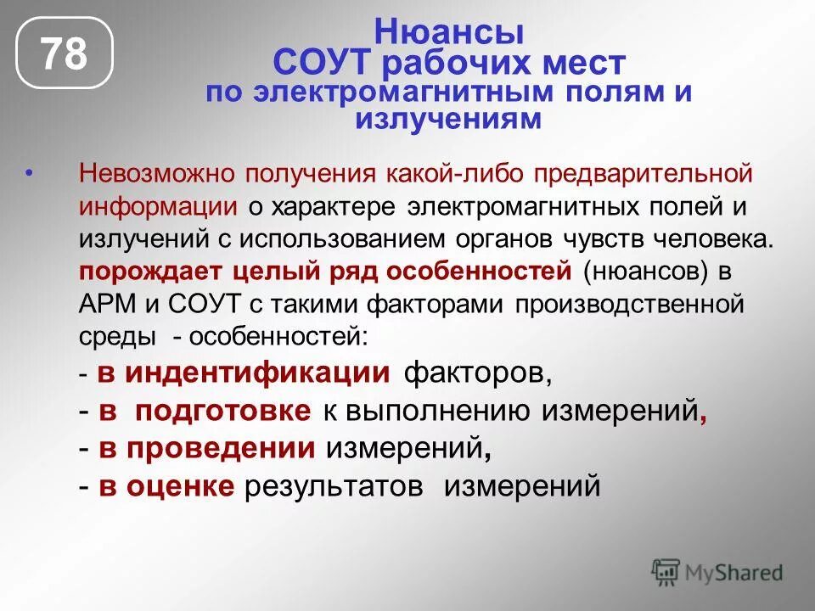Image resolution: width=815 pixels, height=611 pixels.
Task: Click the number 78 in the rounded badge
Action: click(x=65, y=55)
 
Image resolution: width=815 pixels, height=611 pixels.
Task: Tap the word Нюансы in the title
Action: click(x=449, y=33)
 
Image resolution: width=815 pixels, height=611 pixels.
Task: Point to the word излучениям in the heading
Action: click(x=447, y=119)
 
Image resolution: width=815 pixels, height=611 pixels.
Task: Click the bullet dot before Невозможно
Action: click(x=29, y=173)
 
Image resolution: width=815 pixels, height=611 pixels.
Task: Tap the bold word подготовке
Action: click(x=223, y=410)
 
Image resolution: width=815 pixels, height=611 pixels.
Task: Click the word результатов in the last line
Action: click(x=340, y=486)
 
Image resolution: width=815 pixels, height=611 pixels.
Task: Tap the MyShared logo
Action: click(x=717, y=571)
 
